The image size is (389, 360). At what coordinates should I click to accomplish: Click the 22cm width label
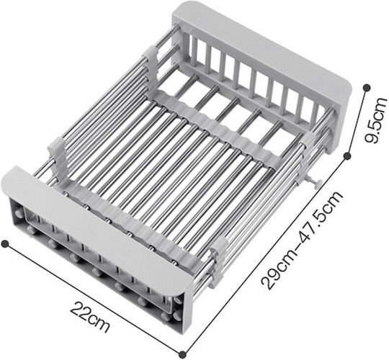(90, 317)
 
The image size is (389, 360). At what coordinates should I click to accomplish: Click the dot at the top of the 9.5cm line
(367, 88)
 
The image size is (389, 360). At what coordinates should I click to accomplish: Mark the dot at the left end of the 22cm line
(5, 243)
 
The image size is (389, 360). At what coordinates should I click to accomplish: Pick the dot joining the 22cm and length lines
(182, 354)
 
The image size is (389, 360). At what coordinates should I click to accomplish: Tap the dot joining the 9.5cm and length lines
(348, 156)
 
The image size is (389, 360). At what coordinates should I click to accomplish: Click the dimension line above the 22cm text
(94, 299)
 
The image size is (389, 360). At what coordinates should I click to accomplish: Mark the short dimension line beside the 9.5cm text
(357, 122)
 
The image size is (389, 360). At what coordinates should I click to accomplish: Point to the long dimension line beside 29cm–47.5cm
(265, 255)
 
